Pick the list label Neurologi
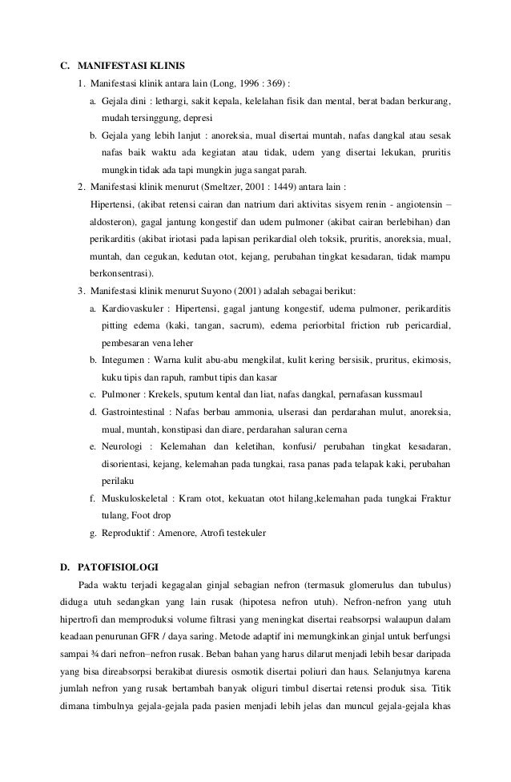point(124,445)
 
